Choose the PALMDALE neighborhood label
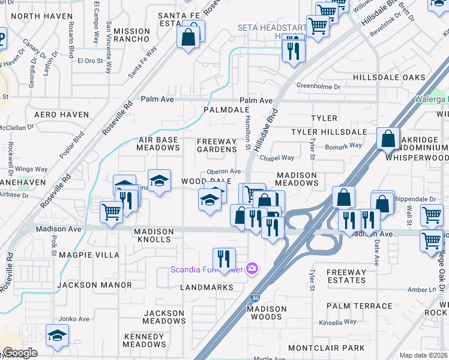[x=226, y=110]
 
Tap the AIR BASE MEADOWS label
[x=159, y=143]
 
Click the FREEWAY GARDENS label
[x=217, y=145]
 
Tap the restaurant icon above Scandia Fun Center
[x=224, y=259]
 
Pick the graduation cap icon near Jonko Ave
[x=57, y=335]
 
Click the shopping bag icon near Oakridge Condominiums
[x=389, y=139]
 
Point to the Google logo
[x=20, y=353]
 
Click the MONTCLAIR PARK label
[x=326, y=348]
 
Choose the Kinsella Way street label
[x=345, y=322]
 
